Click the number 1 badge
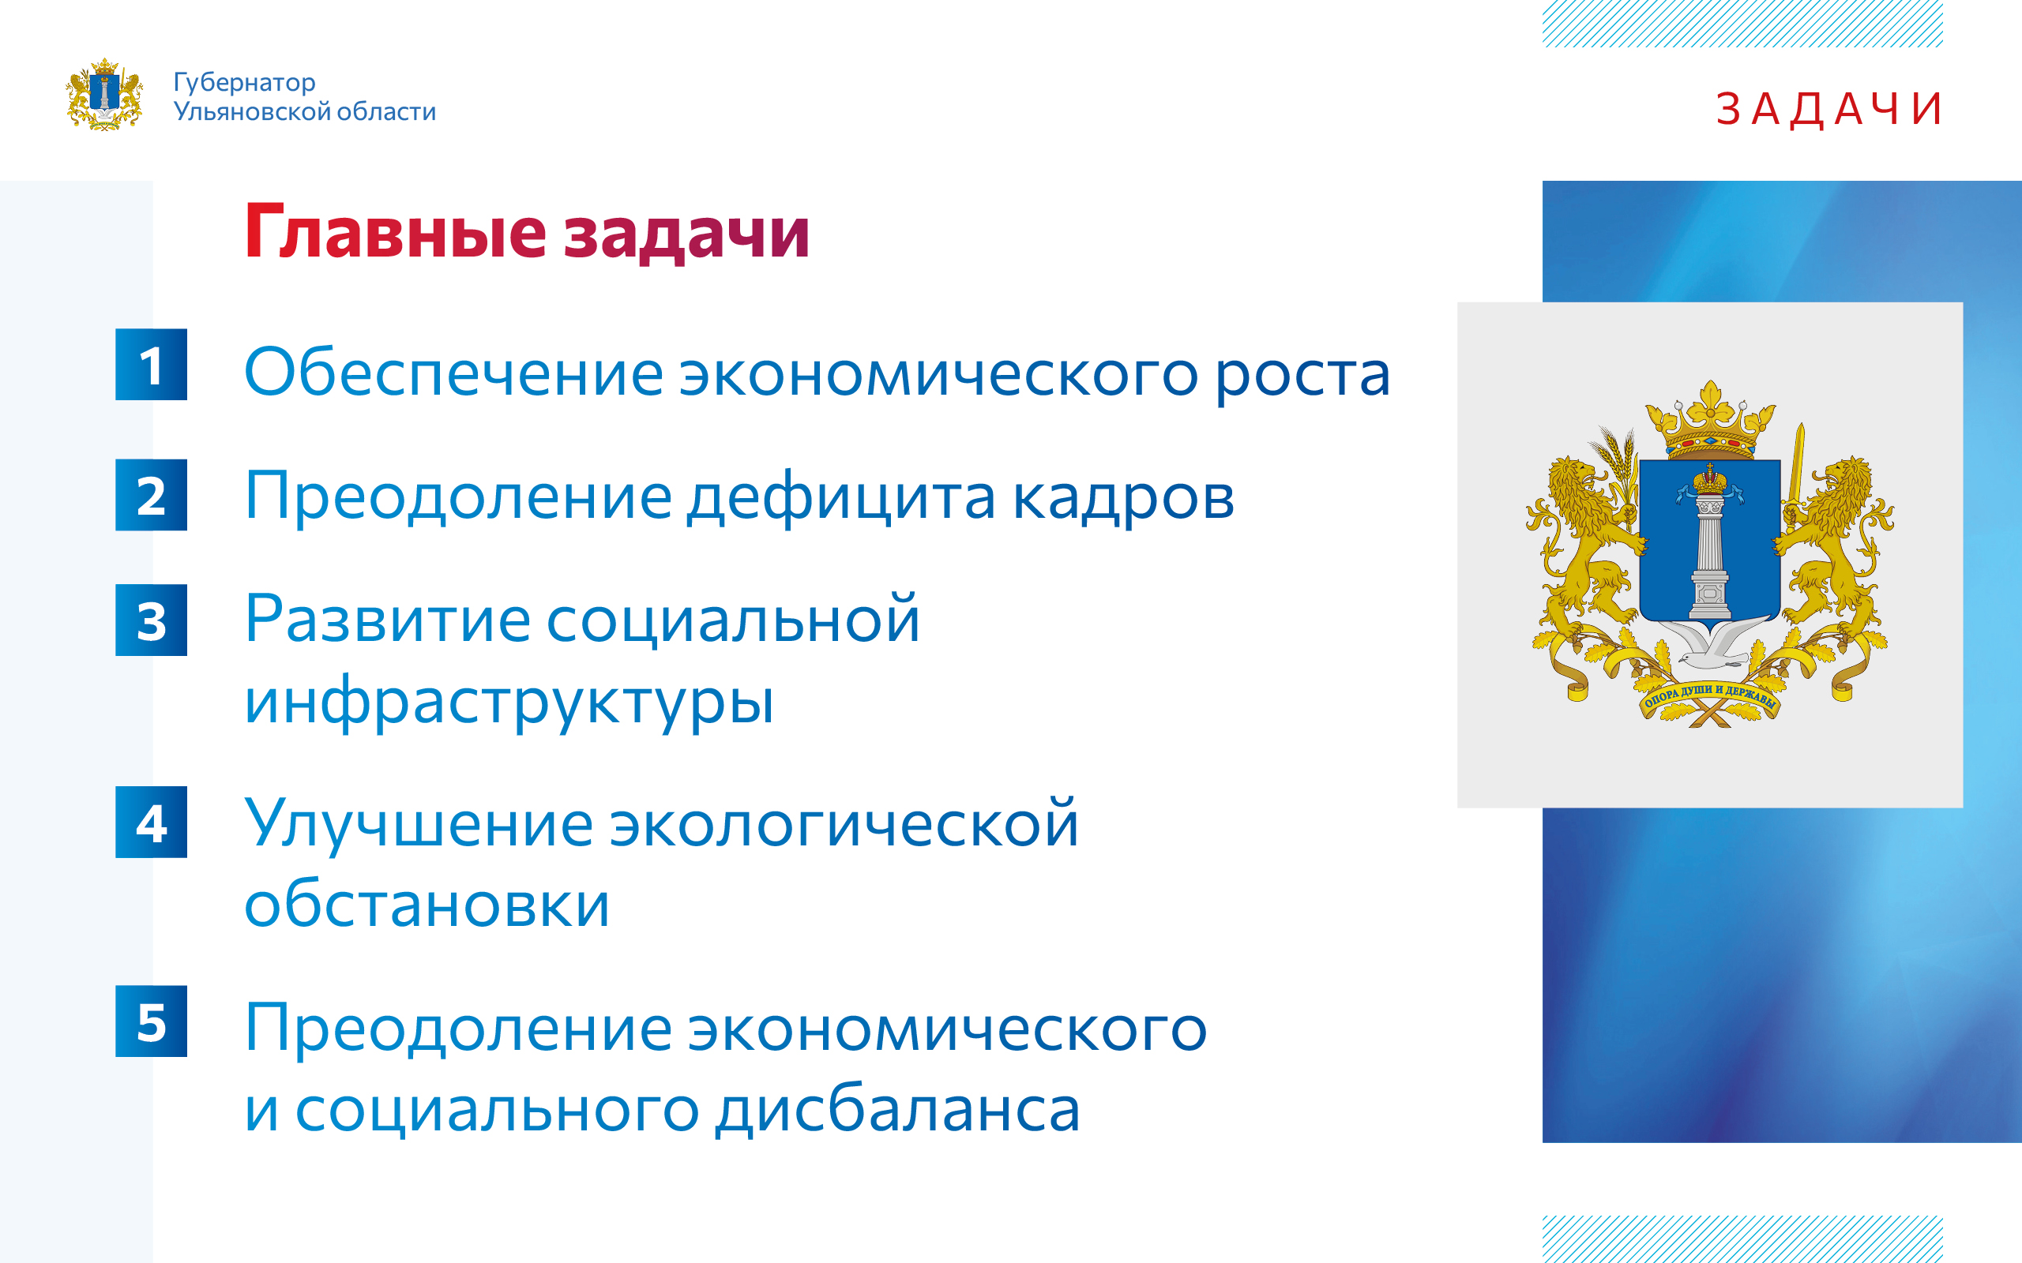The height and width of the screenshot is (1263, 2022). tap(151, 364)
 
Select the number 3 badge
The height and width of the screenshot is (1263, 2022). tap(151, 620)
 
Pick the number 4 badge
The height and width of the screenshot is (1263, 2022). tap(151, 822)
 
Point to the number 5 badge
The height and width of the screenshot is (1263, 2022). tap(151, 1021)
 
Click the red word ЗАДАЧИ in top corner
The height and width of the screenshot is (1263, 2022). tap(1828, 110)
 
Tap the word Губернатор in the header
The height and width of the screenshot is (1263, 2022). tap(245, 83)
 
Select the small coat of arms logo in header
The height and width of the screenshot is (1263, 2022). tap(104, 95)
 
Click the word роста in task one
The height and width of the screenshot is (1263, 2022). tap(1302, 375)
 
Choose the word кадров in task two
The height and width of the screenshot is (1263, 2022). tap(1123, 498)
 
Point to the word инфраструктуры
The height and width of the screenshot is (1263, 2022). tap(509, 703)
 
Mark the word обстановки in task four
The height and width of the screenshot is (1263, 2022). tap(427, 904)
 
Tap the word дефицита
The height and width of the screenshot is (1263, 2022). tap(841, 498)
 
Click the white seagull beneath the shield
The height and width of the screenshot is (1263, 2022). tap(1710, 643)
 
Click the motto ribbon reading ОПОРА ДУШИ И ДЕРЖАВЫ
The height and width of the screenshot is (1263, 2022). tap(1710, 698)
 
